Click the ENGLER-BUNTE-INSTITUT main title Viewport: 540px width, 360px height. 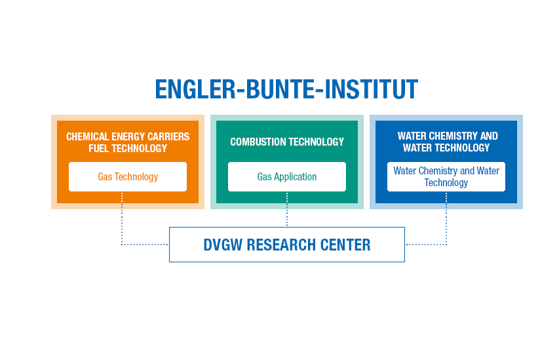point(286,89)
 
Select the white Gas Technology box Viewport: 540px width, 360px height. point(128,176)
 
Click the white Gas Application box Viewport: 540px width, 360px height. point(287,176)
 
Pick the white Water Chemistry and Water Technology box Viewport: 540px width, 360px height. point(446,176)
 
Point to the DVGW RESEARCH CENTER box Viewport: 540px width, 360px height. point(287,245)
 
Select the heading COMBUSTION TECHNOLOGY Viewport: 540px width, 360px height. point(287,142)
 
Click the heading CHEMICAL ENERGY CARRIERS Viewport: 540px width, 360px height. point(128,136)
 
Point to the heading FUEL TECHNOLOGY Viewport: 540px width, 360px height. point(128,148)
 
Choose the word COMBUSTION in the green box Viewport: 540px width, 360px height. point(258,142)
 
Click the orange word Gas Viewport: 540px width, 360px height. point(105,176)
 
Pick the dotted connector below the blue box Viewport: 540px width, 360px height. point(446,226)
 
